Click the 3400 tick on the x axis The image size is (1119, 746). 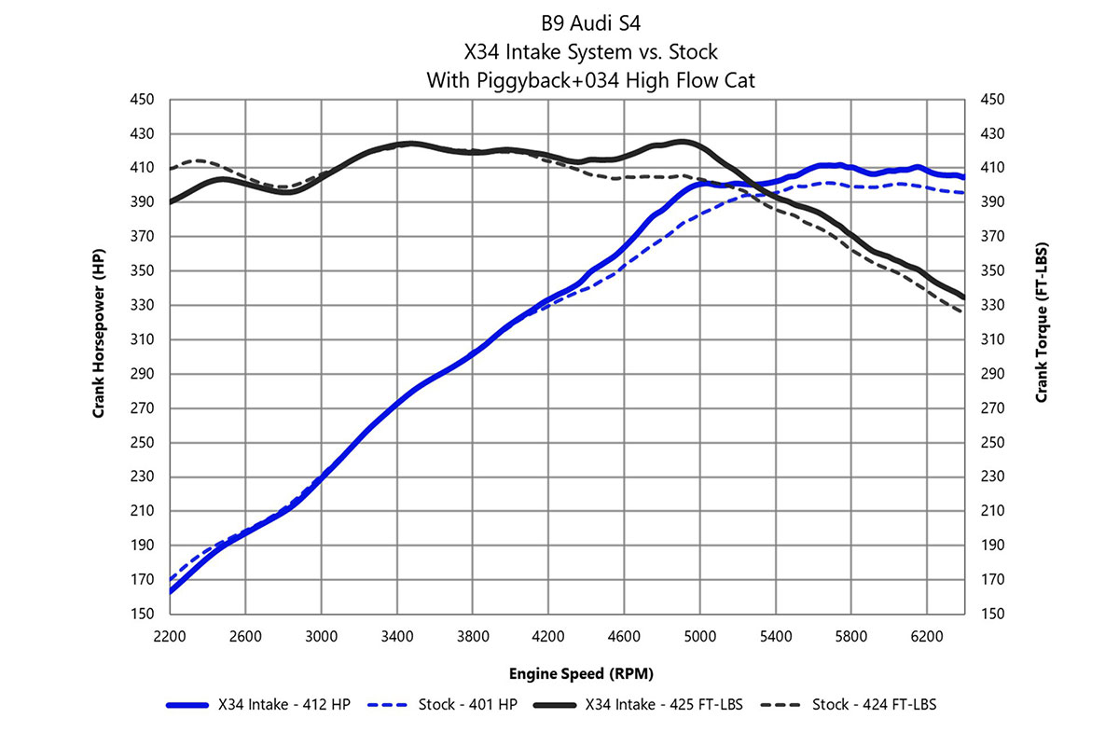pos(397,637)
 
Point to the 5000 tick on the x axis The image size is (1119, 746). pos(700,637)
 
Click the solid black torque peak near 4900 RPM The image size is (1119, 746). pos(684,142)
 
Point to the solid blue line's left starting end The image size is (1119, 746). pos(171,592)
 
